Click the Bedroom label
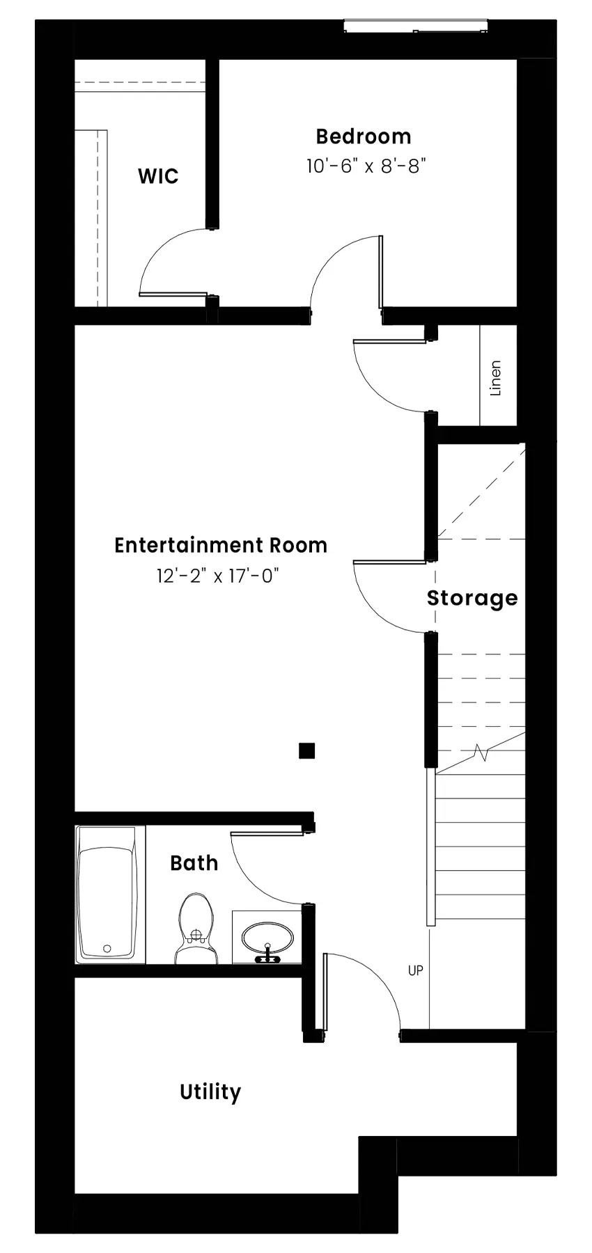(x=363, y=136)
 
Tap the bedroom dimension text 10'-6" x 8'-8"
(x=366, y=166)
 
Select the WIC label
(x=158, y=176)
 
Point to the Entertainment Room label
(x=221, y=545)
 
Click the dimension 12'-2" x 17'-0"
(x=218, y=576)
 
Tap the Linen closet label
(x=496, y=378)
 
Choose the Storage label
(x=472, y=598)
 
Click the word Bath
(x=194, y=863)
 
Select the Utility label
(x=210, y=1092)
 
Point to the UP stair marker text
(x=415, y=970)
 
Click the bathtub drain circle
(x=107, y=948)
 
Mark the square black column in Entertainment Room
(x=306, y=750)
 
